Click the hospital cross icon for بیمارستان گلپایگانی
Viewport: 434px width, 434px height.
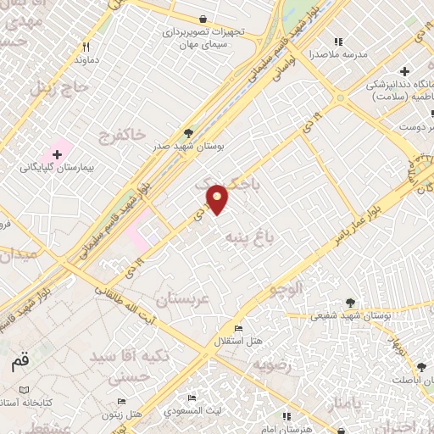coord(57,154)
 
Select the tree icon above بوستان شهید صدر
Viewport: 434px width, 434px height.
coord(189,133)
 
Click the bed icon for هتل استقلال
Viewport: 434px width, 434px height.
coord(238,329)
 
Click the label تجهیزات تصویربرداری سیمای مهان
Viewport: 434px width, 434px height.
coord(205,37)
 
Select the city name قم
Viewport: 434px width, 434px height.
coord(19,363)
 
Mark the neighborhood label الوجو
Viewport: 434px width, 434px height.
coord(286,290)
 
